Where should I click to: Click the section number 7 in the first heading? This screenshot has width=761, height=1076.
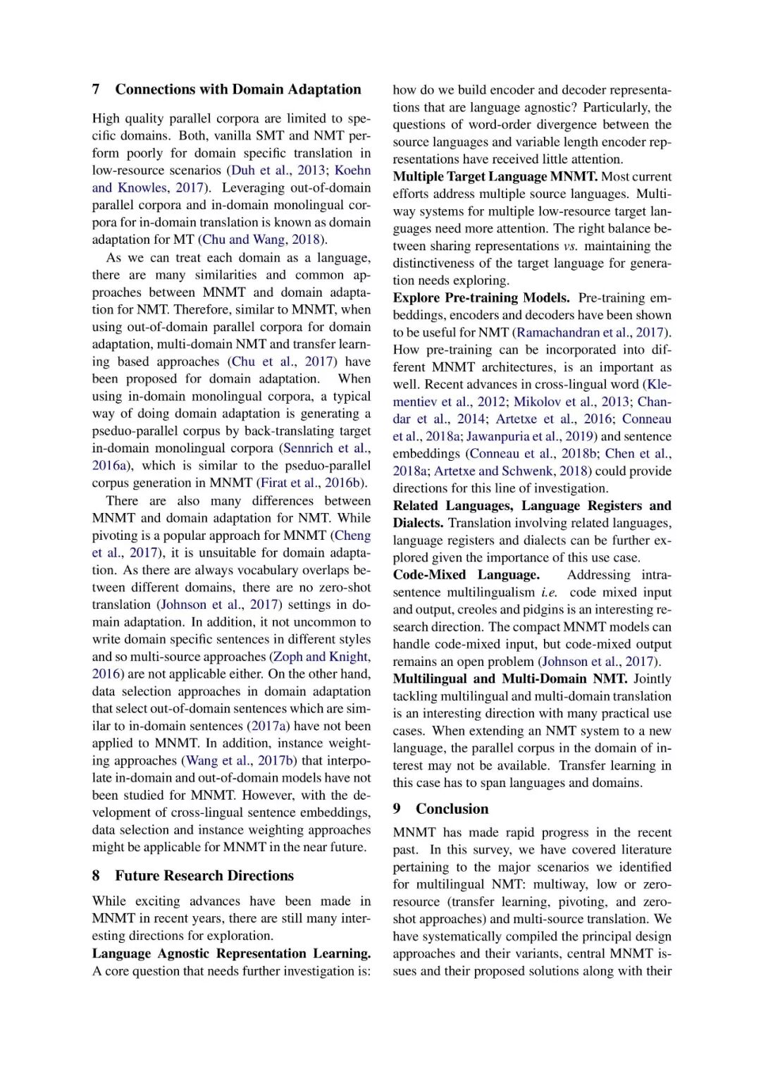pyautogui.click(x=96, y=89)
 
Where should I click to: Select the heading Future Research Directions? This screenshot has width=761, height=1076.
pyautogui.click(x=204, y=876)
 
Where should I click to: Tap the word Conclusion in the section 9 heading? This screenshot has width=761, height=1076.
pyautogui.click(x=452, y=809)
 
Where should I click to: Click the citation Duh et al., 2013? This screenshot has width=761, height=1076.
pyautogui.click(x=278, y=171)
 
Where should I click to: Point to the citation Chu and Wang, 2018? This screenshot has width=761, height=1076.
pyautogui.click(x=261, y=240)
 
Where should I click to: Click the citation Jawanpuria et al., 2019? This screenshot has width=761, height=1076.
pyautogui.click(x=530, y=436)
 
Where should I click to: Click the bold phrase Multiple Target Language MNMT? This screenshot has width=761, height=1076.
pyautogui.click(x=495, y=177)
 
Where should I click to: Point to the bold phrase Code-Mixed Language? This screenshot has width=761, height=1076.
pyautogui.click(x=466, y=575)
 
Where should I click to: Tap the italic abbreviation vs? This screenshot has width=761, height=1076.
pyautogui.click(x=570, y=246)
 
